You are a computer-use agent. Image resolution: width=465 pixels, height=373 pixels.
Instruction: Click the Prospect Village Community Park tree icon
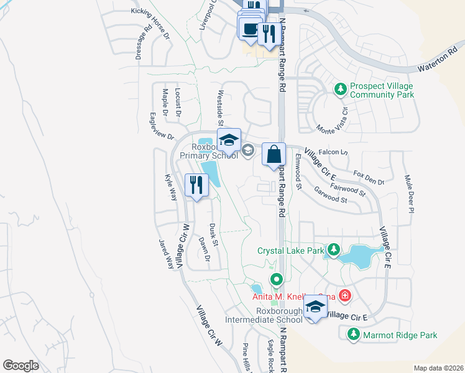pos(341,90)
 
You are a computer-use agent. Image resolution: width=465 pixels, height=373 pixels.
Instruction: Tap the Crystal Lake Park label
pos(291,251)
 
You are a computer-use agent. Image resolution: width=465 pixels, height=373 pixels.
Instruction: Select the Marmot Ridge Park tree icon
pos(354,334)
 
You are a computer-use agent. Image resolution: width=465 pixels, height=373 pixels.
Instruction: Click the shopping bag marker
pos(274,154)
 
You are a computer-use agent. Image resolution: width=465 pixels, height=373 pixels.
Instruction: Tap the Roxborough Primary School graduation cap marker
pos(229,140)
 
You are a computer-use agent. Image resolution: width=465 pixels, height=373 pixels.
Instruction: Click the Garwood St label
pos(330,195)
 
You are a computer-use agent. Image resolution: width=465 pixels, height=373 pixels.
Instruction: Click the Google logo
pos(21,366)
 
